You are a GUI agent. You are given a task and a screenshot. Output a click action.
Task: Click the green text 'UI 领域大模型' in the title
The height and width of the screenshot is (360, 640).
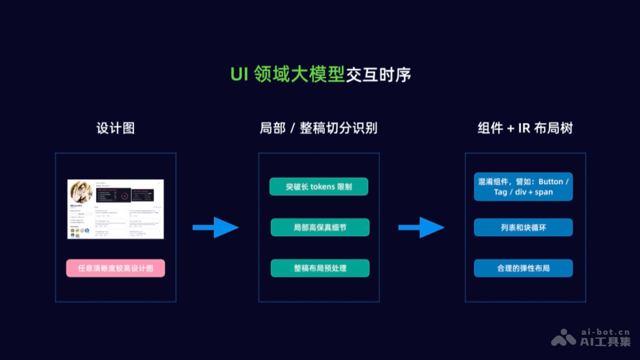[x=287, y=75]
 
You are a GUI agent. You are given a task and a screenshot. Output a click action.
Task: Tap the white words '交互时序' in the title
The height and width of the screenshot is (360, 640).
[x=378, y=75]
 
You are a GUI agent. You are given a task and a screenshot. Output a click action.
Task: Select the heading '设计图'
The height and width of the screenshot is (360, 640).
[x=115, y=129]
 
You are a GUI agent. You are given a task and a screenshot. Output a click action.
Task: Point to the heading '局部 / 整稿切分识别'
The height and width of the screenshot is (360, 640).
[x=318, y=129]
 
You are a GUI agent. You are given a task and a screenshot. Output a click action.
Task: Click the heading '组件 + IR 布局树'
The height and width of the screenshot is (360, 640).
[x=525, y=129]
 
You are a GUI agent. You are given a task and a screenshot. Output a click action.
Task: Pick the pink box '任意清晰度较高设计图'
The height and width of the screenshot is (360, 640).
[x=116, y=268]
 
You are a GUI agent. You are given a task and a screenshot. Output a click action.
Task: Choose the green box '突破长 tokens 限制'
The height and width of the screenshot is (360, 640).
[x=319, y=187]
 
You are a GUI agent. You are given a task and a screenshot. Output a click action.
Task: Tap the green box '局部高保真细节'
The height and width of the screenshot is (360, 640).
[x=320, y=227]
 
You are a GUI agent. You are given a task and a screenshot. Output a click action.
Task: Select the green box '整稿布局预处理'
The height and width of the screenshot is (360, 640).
[x=320, y=268]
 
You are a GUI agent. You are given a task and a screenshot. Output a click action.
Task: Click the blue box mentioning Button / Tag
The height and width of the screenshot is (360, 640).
[x=523, y=187]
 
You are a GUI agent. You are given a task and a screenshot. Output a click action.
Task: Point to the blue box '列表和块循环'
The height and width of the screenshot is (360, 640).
[x=523, y=227]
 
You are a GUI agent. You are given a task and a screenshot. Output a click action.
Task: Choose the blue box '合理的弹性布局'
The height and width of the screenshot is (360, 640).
[x=523, y=268]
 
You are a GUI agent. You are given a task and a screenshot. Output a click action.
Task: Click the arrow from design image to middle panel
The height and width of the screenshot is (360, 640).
[x=215, y=227]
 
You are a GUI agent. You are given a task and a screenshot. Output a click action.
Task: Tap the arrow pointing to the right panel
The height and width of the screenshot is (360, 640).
[x=421, y=227]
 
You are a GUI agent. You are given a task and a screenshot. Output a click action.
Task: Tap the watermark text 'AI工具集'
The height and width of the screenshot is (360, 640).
[x=605, y=342]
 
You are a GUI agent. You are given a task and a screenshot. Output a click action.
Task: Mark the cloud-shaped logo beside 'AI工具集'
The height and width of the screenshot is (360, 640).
[x=564, y=338]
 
